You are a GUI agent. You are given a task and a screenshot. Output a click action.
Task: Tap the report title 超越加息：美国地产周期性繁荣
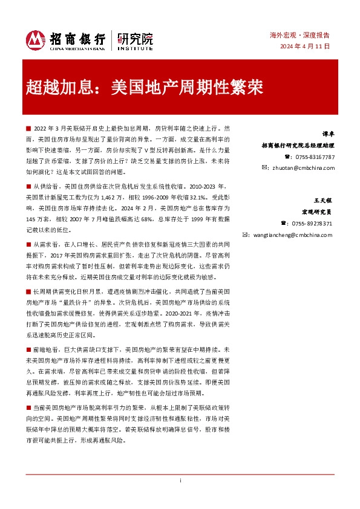pos(145,88)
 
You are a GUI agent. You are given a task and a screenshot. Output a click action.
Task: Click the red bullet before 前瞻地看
pos(28,349)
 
